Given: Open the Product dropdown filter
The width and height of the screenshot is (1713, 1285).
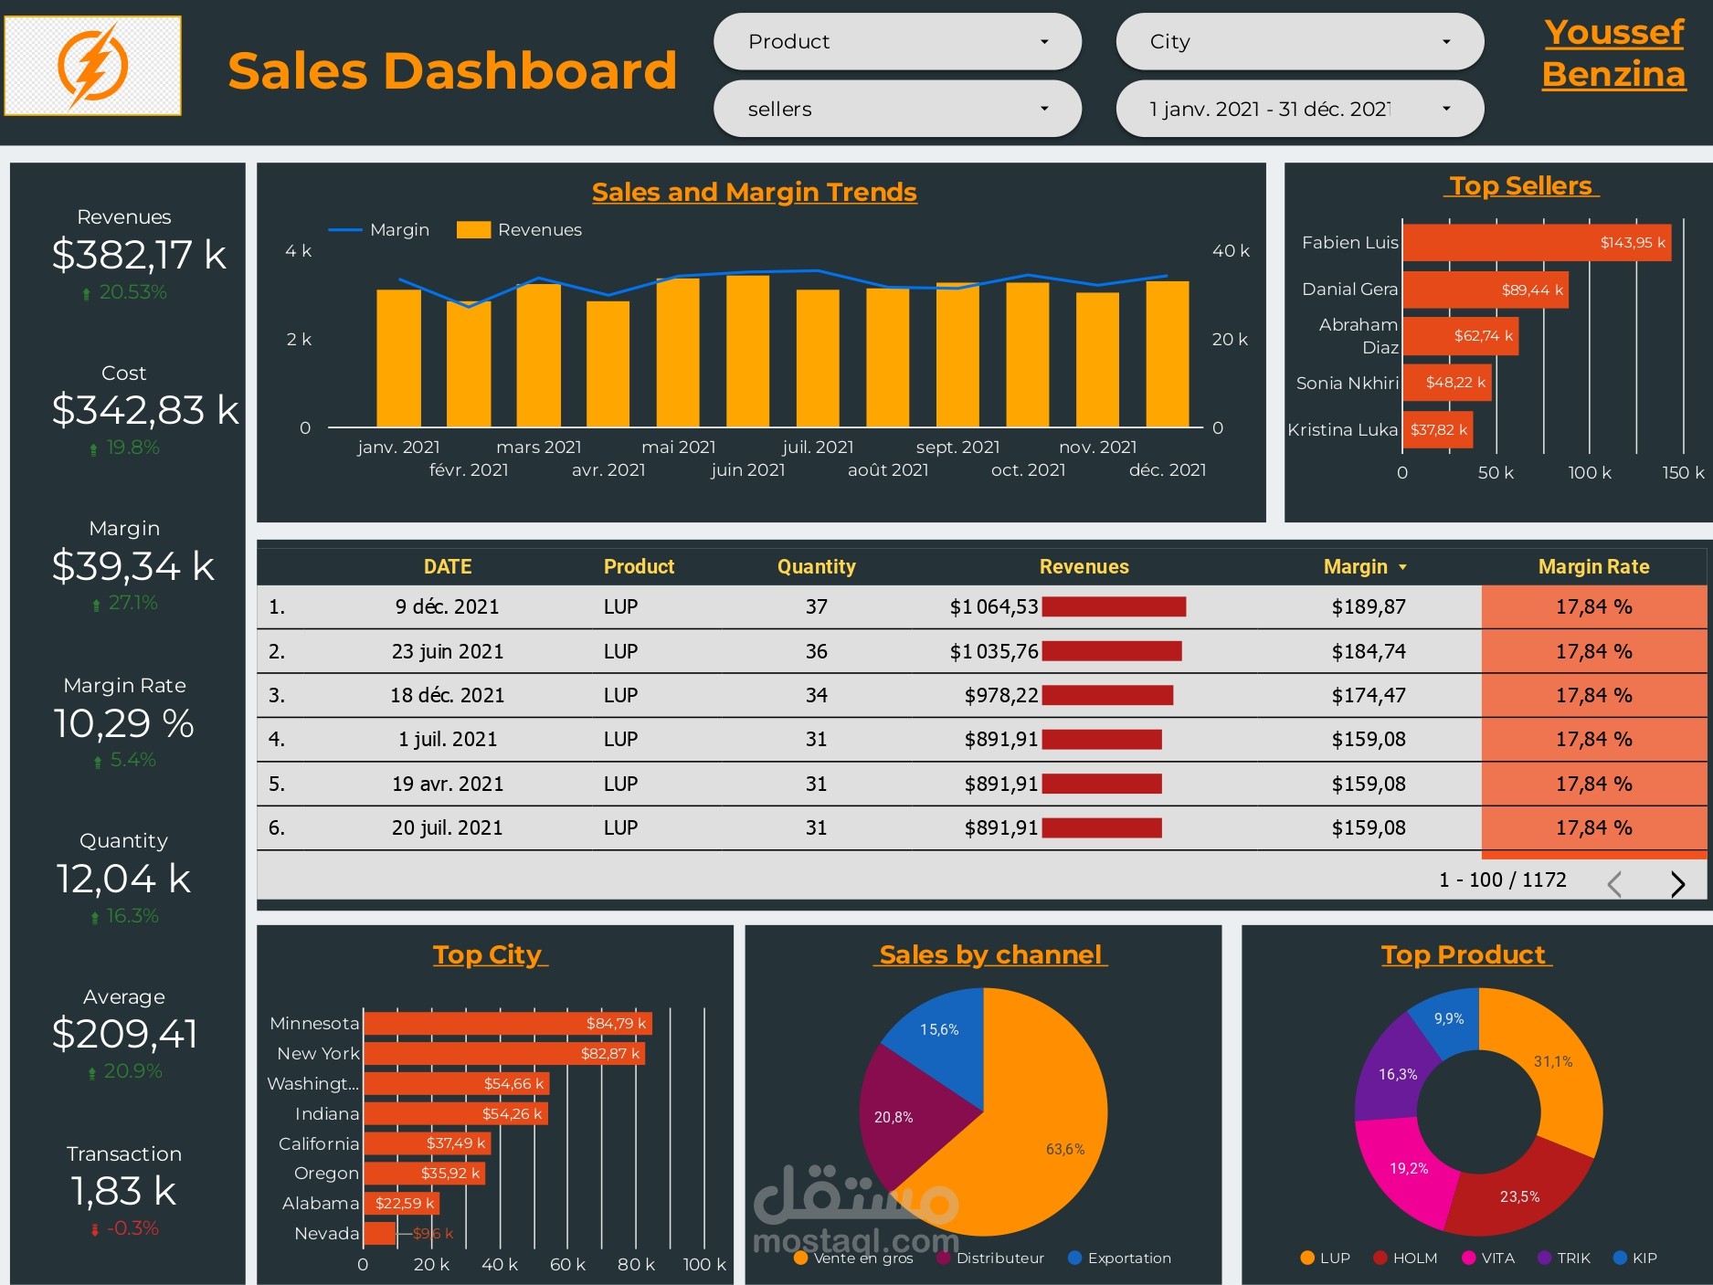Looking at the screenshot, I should pos(897,42).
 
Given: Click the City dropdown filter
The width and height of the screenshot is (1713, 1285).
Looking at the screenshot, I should pos(1299,42).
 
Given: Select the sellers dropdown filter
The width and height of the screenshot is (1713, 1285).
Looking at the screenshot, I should pos(897,110).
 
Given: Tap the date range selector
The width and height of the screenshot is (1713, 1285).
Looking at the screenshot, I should pos(1299,110).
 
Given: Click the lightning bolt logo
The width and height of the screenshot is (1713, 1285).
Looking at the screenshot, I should pos(92,66).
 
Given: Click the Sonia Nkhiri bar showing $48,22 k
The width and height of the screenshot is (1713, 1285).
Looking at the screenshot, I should pos(1446,383).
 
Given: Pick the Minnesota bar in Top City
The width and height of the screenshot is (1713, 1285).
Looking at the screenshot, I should pos(507,1024).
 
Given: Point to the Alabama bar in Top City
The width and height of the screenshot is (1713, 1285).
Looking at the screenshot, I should pos(402,1204).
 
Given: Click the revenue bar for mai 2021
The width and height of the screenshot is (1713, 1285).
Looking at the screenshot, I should pos(678,353).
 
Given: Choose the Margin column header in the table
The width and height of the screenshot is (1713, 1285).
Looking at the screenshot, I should pos(1356,567).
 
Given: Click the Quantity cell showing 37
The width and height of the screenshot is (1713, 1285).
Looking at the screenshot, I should pos(816,607).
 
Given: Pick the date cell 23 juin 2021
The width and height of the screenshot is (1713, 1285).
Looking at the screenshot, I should pos(447,652).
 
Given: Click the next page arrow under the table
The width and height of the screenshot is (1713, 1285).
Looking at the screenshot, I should pos(1677,883).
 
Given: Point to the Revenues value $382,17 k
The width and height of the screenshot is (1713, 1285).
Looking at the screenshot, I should pos(139,255).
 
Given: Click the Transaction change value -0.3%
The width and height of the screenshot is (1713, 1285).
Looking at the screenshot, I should pos(132,1228).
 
